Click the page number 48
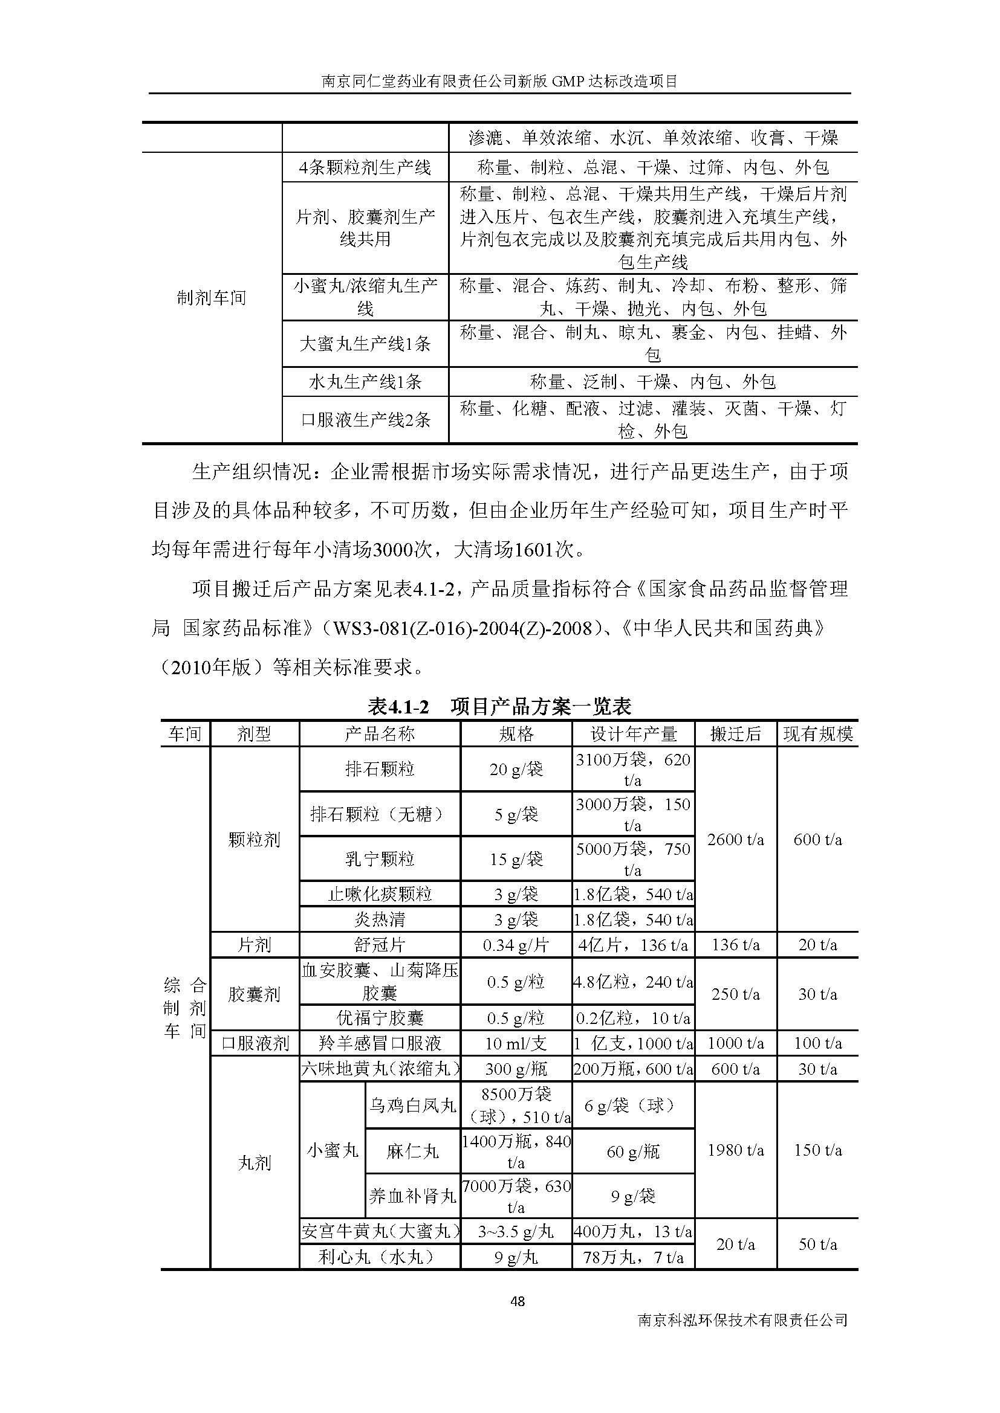point(518,1301)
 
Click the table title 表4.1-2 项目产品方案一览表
point(499,707)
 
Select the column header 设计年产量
point(633,733)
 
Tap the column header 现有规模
point(817,733)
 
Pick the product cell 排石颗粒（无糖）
point(379,814)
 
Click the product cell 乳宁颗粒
point(379,858)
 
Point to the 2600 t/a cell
point(735,840)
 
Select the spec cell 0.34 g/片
point(515,945)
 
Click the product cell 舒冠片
point(379,945)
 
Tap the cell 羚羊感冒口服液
point(379,1043)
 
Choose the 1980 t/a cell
point(735,1150)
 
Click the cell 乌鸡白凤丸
point(412,1106)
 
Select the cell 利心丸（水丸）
point(379,1257)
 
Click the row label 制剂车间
point(211,298)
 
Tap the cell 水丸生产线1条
point(365,382)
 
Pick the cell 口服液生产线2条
point(365,420)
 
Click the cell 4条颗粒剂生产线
point(365,167)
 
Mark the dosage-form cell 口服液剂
point(255,1043)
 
